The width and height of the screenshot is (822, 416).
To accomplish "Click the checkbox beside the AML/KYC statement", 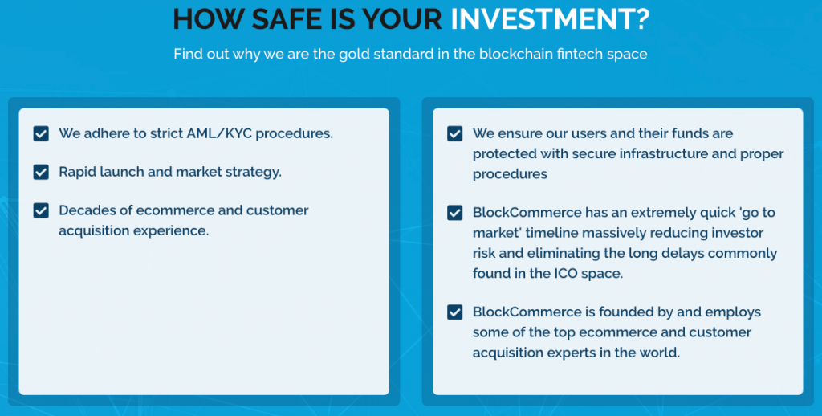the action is [41, 133].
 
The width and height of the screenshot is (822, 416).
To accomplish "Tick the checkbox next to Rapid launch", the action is [41, 172].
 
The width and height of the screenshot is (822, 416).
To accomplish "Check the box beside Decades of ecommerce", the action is [41, 210].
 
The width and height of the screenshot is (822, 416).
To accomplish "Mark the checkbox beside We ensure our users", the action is [454, 133].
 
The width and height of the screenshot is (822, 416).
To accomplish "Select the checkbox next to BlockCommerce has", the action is [454, 213].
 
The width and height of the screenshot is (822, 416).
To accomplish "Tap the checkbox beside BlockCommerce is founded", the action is [454, 312].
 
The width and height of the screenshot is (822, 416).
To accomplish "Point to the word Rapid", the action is [74, 173].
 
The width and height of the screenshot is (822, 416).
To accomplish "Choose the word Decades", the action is [83, 210].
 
